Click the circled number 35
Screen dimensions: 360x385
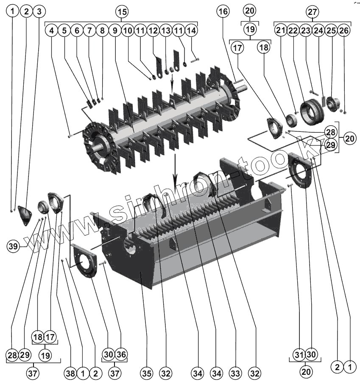click(x=147, y=374)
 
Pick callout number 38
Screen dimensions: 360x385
click(x=71, y=374)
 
